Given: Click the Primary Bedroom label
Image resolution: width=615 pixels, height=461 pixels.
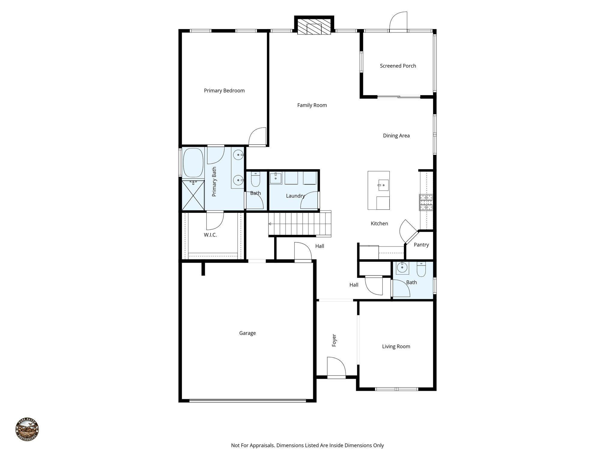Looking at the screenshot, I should [x=224, y=91].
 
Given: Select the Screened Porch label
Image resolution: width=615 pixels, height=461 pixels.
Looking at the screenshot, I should [x=398, y=66].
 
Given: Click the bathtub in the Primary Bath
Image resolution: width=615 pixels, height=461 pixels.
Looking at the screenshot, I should [x=193, y=163].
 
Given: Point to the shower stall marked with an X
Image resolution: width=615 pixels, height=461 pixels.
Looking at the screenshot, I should [x=193, y=195].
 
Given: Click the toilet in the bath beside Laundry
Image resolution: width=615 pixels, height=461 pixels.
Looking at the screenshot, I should [x=256, y=179].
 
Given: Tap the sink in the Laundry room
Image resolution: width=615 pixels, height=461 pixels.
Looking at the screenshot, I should [x=275, y=178].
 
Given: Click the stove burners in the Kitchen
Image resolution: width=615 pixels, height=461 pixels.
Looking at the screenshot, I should [x=426, y=202].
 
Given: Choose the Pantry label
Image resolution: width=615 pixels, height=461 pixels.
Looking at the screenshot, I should [x=421, y=245].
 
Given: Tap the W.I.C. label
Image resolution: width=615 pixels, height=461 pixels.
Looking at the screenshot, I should [x=210, y=235].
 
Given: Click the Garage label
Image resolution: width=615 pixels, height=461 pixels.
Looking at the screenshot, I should [x=247, y=333].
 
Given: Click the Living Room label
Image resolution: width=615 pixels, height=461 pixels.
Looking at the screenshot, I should [x=396, y=347].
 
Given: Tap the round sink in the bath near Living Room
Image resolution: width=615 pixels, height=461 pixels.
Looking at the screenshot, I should [x=402, y=267].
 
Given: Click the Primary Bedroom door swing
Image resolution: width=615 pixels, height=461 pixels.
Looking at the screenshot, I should [x=257, y=137].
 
